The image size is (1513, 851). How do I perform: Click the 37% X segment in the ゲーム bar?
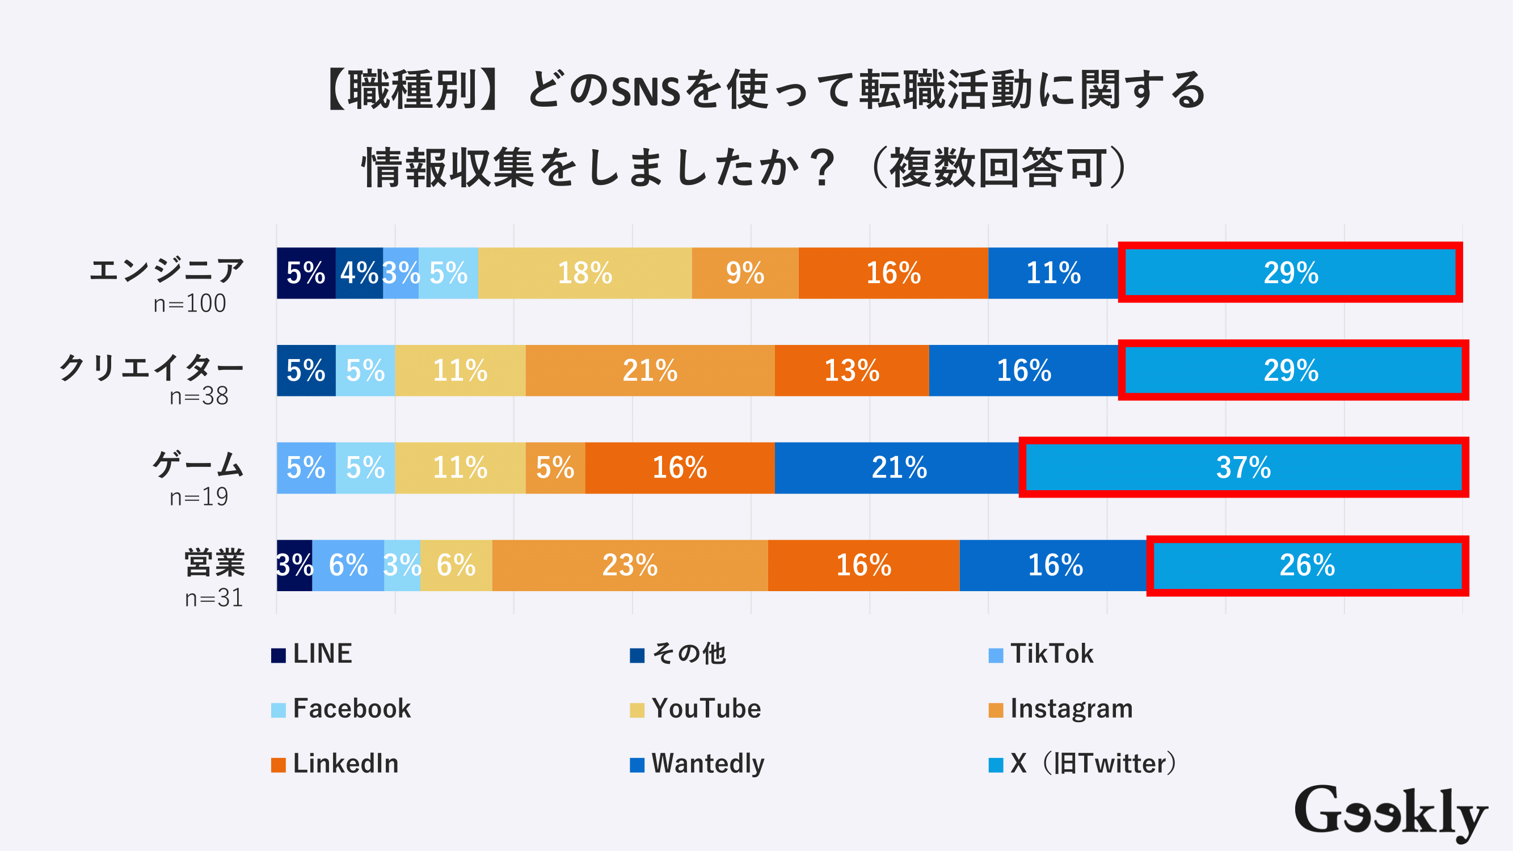1244,467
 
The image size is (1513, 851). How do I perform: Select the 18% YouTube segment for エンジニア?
584,273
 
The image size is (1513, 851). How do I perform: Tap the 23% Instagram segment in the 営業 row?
630,565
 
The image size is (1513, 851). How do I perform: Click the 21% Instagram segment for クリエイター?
650,370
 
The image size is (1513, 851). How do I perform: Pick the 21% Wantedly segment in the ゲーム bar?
899,467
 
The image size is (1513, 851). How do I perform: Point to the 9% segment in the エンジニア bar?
745,273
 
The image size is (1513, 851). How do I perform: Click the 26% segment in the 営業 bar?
1307,565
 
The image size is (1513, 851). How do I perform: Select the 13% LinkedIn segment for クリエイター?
852,370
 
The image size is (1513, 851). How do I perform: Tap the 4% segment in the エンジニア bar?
359,273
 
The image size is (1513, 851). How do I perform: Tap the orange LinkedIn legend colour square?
279,765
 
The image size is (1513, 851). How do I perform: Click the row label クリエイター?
151,368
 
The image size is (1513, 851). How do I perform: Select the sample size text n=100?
189,304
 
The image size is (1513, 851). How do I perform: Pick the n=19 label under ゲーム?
199,497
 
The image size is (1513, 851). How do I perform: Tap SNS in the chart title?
646,92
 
